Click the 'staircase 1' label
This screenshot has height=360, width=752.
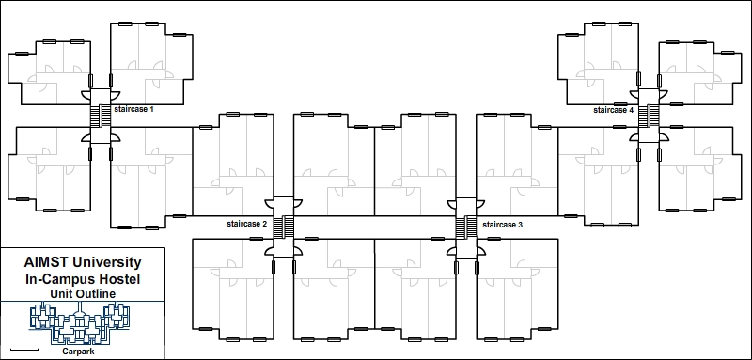click(133, 110)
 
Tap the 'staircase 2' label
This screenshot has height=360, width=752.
click(247, 225)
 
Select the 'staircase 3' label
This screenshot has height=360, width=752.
click(502, 226)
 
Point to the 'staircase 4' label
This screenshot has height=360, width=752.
click(614, 110)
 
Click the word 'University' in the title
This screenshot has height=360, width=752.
click(109, 263)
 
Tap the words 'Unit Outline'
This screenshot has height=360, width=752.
click(83, 294)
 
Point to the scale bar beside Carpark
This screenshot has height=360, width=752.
click(27, 350)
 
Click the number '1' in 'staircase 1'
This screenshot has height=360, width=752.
click(151, 110)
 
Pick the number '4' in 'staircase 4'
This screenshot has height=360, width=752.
click(633, 110)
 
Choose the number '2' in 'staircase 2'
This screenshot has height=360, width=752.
click(266, 225)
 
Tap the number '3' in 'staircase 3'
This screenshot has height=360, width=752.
click(520, 226)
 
